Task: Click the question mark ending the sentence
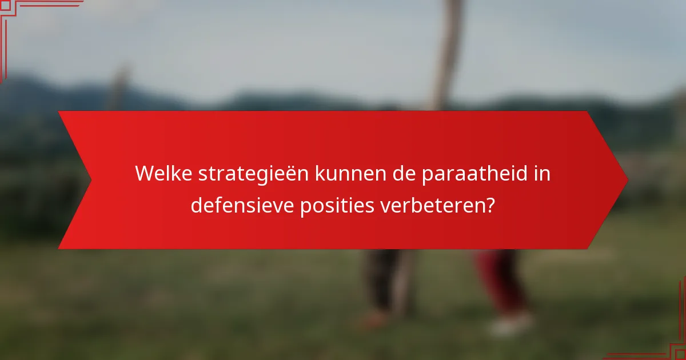tap(489, 205)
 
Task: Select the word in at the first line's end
tap(544, 174)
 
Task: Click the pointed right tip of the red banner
tap(626, 180)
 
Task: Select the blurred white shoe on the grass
tap(510, 325)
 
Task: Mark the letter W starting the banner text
tap(143, 174)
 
